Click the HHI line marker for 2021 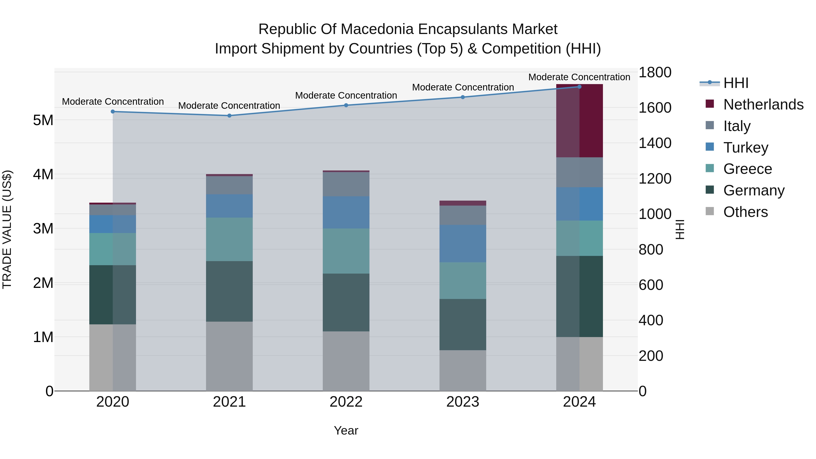tap(229, 116)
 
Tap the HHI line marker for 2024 tap(579, 87)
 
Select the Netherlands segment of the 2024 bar tap(579, 121)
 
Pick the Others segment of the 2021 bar tap(229, 356)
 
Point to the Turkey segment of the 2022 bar tap(346, 212)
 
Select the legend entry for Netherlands tap(763, 104)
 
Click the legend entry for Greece tap(747, 169)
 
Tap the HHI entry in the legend tap(736, 83)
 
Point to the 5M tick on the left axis tap(43, 120)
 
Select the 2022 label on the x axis tap(346, 402)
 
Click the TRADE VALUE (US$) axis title tap(7, 229)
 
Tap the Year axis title tap(346, 430)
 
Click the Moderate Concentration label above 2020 tap(113, 102)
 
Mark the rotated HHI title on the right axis tap(680, 229)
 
